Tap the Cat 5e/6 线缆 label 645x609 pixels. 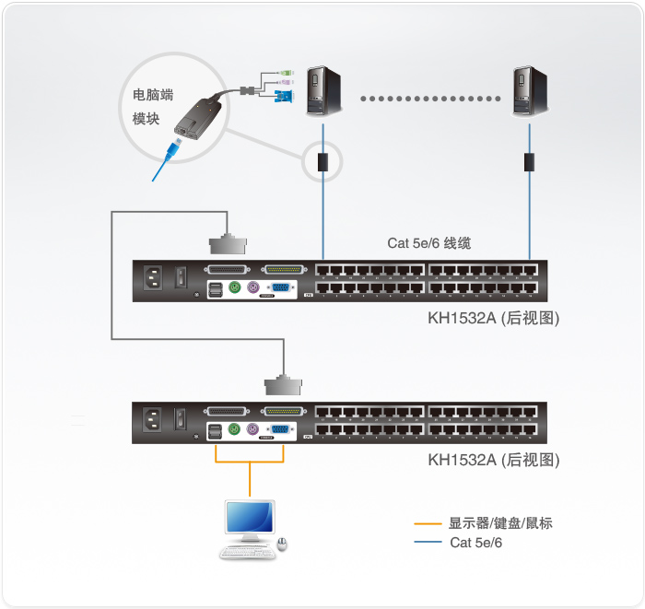pos(428,243)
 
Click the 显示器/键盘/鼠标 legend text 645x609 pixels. pos(500,523)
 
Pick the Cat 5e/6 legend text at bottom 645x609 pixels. pos(475,543)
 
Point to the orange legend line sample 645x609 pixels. pos(428,523)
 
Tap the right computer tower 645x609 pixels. pos(530,90)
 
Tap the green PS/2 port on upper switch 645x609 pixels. pos(234,287)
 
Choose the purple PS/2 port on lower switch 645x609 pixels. pos(252,428)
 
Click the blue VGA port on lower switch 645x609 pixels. pos(277,428)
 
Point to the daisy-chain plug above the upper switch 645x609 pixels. pos(229,244)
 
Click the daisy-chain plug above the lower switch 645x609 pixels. pos(284,385)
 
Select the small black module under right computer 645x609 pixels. pos(530,162)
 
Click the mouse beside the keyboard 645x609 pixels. pos(283,544)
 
